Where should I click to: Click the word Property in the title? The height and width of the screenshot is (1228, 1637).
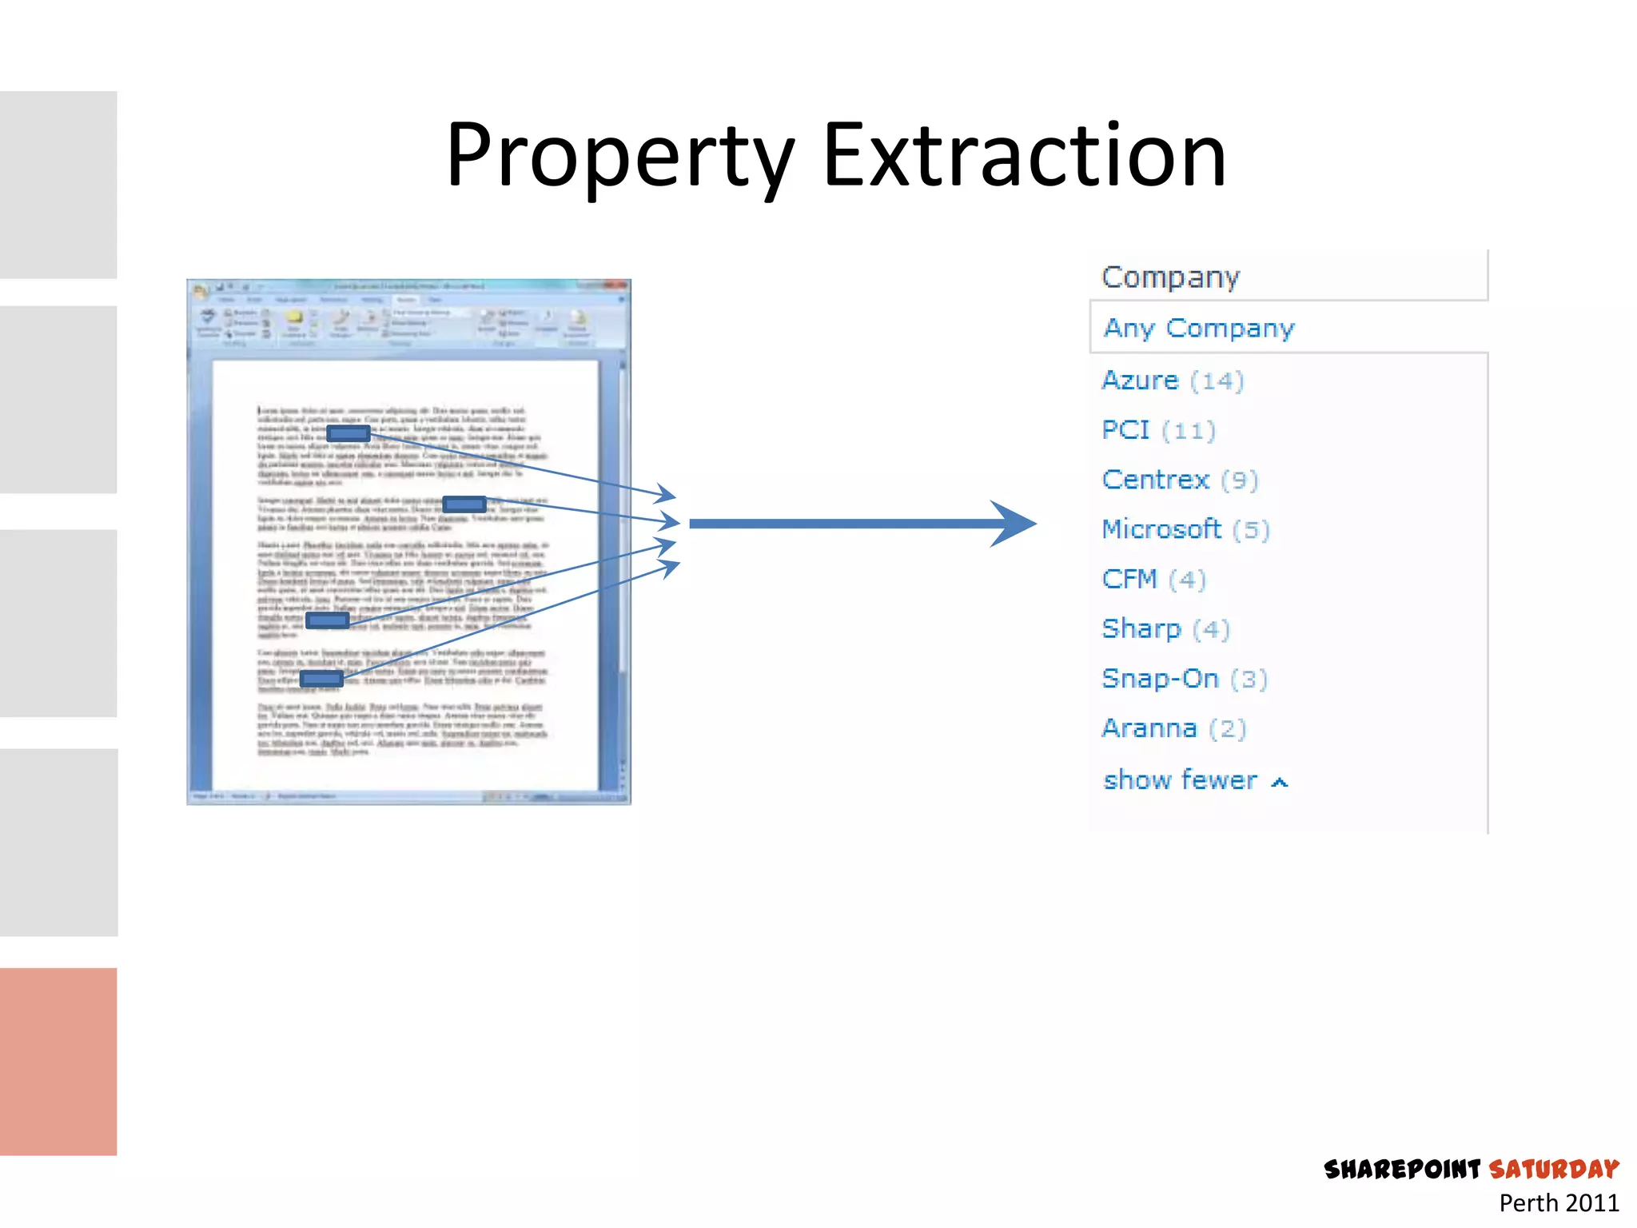coord(619,156)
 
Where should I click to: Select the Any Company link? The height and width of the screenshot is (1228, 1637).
coord(1198,328)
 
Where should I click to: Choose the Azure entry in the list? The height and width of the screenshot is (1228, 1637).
coord(1140,380)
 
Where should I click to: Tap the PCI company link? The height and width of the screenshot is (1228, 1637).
coord(1125,430)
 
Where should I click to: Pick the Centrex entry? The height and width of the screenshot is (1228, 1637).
coord(1155,480)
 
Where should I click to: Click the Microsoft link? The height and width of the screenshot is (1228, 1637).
coord(1161,529)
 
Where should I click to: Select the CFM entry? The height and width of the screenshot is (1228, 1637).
coord(1129,579)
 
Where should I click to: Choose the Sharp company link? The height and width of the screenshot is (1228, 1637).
coord(1141,629)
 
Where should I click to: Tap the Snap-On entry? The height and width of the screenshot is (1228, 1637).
coord(1160,679)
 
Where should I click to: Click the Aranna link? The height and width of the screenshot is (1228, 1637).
coord(1149,728)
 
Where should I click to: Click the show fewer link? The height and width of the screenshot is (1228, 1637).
coord(1180,780)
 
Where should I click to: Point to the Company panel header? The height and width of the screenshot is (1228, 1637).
coord(1170,277)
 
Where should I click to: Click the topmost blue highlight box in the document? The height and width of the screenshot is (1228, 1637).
coord(348,433)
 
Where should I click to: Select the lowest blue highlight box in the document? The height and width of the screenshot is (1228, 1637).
coord(321,679)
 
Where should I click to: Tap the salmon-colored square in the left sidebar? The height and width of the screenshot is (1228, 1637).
coord(58,1061)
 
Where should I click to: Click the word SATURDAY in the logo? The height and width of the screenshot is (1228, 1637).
coord(1553,1170)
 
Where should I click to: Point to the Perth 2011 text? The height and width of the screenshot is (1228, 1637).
coord(1558,1203)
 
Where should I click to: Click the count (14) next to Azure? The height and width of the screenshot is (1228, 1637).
coord(1217,381)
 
